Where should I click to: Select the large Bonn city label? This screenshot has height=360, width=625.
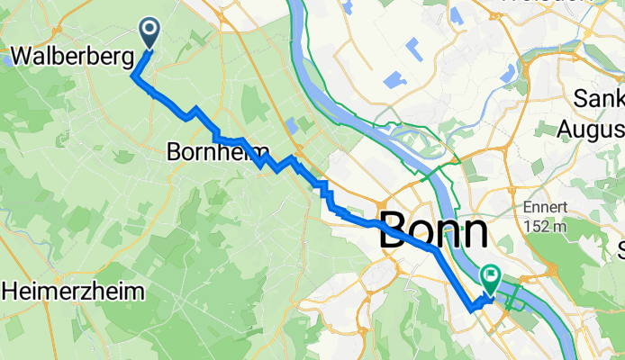point(434,232)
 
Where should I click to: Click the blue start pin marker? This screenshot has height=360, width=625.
point(149,33)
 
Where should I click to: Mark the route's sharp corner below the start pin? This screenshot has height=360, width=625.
point(135,76)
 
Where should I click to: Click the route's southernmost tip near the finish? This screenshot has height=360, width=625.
point(470,309)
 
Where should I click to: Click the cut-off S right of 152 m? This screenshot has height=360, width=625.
point(620,247)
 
